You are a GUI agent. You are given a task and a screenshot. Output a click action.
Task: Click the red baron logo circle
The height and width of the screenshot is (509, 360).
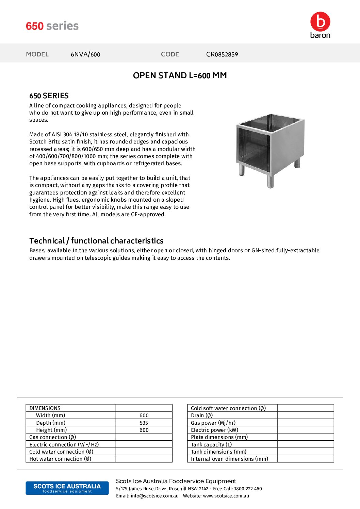point(320,22)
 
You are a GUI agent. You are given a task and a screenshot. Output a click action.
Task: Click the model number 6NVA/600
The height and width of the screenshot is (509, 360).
point(85,54)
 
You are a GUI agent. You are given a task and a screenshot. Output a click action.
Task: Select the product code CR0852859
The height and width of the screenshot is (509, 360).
point(222,54)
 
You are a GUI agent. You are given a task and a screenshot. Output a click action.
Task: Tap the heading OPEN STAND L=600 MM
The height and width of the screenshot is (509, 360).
point(180,75)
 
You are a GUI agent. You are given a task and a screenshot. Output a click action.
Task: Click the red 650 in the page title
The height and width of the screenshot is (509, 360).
point(35,26)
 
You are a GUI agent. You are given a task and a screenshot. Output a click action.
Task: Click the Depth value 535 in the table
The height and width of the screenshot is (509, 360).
point(144,423)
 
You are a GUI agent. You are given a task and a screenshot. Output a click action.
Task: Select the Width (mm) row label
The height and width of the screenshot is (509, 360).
point(50,415)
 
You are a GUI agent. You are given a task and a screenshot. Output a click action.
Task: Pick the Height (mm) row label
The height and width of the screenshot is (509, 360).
point(51,430)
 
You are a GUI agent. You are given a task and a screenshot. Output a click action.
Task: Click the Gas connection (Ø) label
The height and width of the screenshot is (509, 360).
point(52,437)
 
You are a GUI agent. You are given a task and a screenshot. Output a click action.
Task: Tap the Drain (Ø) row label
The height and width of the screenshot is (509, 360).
point(202,415)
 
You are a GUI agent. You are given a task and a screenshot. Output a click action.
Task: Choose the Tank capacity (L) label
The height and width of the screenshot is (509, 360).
point(211,445)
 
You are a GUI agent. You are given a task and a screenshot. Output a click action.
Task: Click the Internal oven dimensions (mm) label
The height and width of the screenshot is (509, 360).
point(229,459)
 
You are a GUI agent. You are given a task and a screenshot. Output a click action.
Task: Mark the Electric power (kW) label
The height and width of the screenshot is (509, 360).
point(214,430)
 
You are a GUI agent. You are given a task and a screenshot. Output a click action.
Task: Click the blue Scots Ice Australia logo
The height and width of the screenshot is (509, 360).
point(67,488)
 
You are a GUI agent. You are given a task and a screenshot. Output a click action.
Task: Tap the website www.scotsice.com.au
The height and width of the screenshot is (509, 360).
point(226,496)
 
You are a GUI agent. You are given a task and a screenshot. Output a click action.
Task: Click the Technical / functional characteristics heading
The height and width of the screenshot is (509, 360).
point(96,241)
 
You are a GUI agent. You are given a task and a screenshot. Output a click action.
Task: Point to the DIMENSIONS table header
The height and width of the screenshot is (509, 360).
point(45,408)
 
